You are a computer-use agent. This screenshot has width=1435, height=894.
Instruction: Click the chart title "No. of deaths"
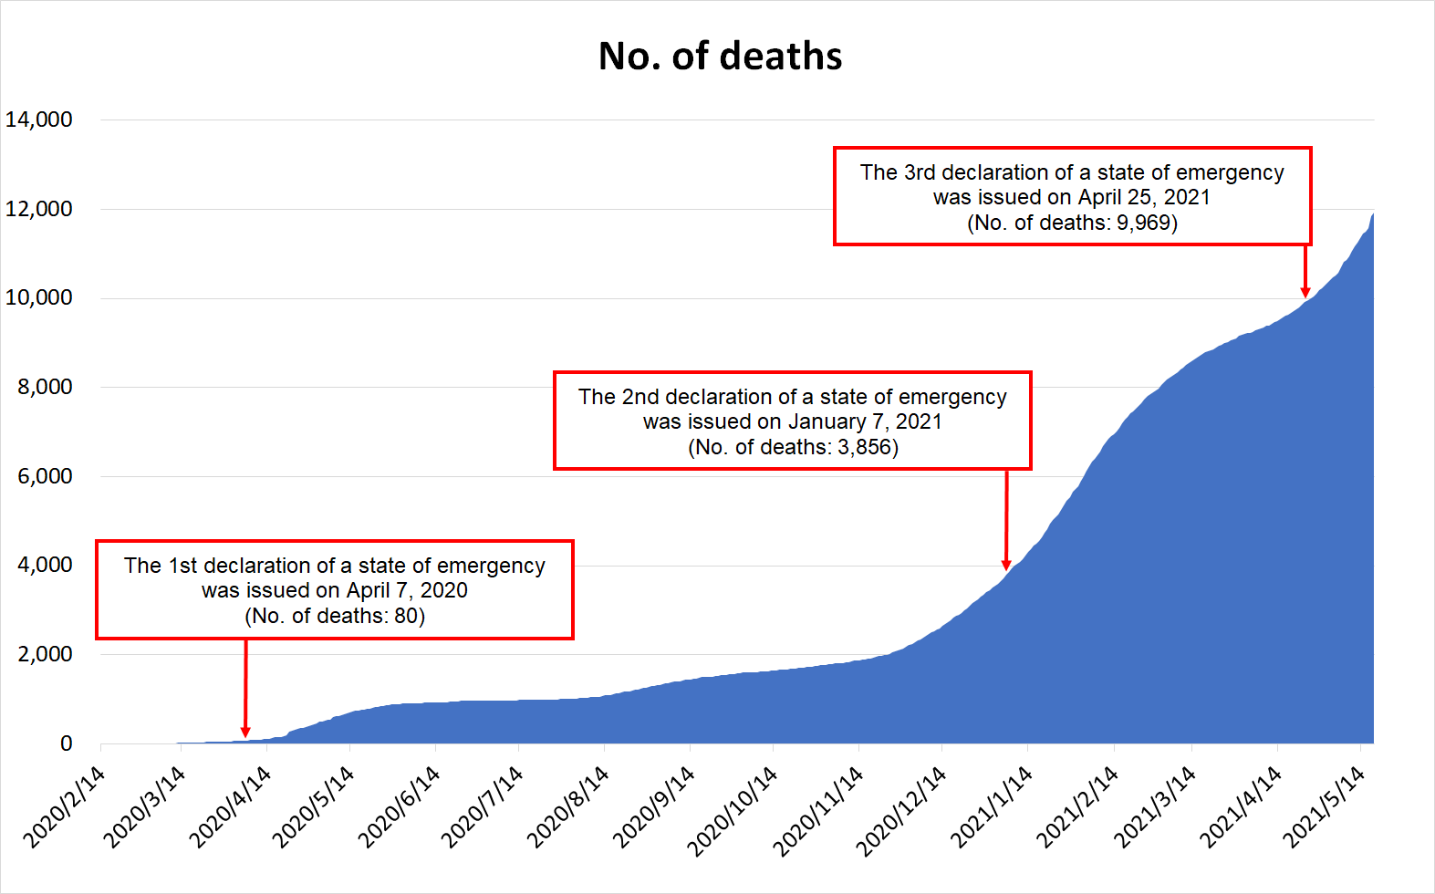(x=720, y=57)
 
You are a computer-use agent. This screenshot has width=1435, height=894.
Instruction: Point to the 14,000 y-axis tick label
(x=39, y=120)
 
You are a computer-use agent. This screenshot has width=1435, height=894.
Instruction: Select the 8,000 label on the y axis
(x=45, y=387)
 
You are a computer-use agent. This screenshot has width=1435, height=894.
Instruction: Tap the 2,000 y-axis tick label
(x=45, y=654)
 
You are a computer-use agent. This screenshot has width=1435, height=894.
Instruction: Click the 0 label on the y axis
(x=66, y=743)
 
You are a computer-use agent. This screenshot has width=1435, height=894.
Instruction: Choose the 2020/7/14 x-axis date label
(x=482, y=806)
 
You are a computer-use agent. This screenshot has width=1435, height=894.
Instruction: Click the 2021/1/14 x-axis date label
(x=991, y=806)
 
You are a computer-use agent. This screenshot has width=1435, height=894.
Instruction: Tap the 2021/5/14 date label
(x=1323, y=806)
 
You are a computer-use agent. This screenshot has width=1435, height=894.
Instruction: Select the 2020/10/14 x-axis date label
(x=733, y=810)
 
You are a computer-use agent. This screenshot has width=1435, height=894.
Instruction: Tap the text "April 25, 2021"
(x=1144, y=197)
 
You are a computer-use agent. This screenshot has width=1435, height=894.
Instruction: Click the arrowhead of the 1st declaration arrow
(x=245, y=732)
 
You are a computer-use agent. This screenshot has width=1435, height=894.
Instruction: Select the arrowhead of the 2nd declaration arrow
(x=1006, y=565)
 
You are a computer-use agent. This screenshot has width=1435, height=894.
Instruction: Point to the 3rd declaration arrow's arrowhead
(x=1305, y=292)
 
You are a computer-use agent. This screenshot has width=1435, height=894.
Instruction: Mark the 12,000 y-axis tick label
(x=39, y=209)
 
